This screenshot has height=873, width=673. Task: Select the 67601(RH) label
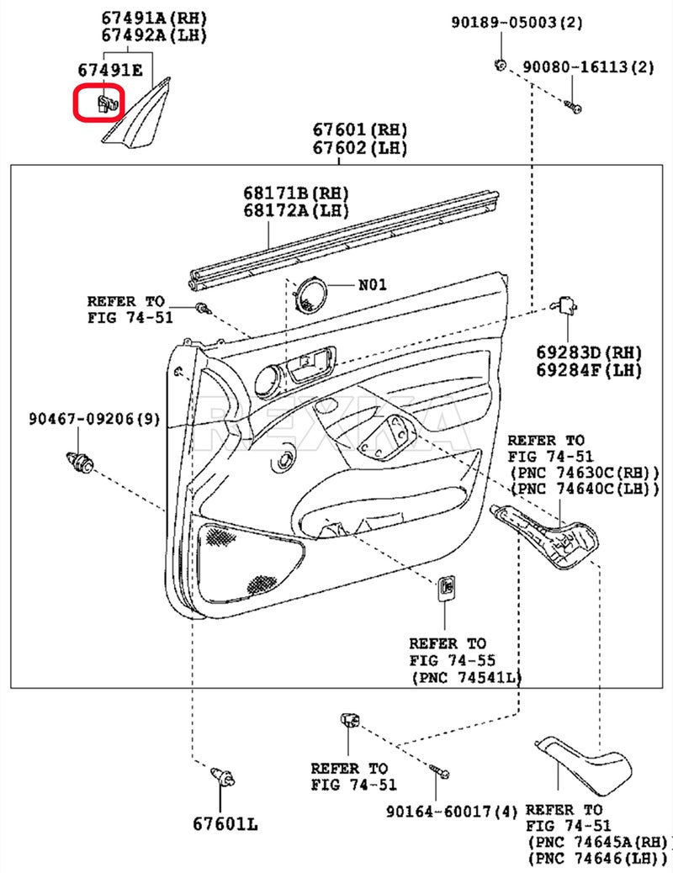[360, 130]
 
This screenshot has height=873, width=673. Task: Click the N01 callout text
[373, 284]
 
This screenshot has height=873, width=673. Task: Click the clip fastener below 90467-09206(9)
[82, 462]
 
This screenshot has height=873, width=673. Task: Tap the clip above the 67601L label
[222, 775]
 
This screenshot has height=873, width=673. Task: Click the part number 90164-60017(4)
[452, 812]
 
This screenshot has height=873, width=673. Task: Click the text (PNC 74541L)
[466, 677]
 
